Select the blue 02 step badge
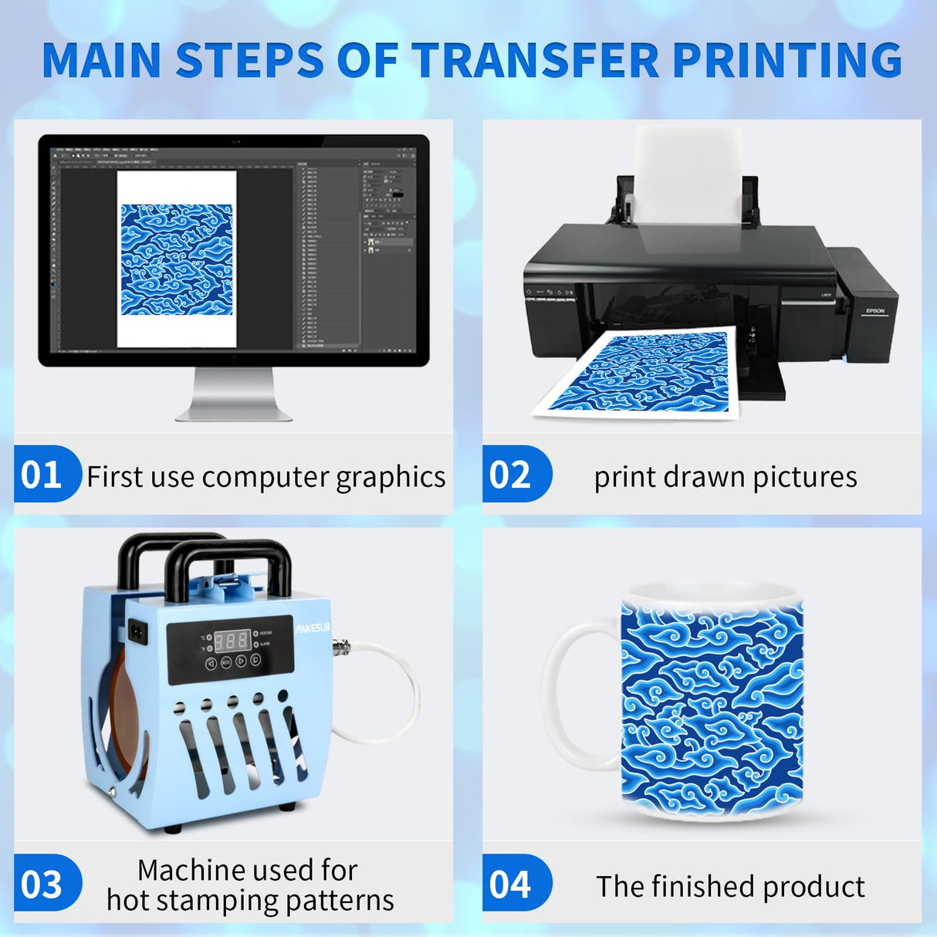pyautogui.click(x=512, y=475)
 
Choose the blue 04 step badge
pyautogui.click(x=512, y=885)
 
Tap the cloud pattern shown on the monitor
pyautogui.click(x=177, y=259)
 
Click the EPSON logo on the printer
pyautogui.click(x=874, y=311)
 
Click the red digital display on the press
pyautogui.click(x=232, y=640)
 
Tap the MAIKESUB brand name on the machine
pyautogui.click(x=313, y=628)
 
